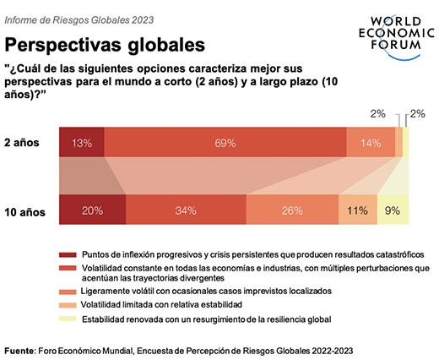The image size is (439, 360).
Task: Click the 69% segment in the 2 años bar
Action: pos(225,143)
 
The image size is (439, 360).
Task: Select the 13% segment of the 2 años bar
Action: pos(82,143)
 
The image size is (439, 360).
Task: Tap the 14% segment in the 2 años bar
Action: pos(371,143)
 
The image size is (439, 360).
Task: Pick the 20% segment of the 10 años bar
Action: pos(93,210)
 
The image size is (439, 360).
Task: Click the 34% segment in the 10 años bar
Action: pos(186,210)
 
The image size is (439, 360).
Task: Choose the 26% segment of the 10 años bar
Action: pos(292,210)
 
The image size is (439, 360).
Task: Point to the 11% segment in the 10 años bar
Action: pos(358,210)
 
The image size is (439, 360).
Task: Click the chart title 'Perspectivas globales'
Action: pos(106,42)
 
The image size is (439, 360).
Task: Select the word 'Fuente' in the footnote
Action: pos(19,349)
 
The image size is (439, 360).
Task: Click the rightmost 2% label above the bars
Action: pos(417,113)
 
